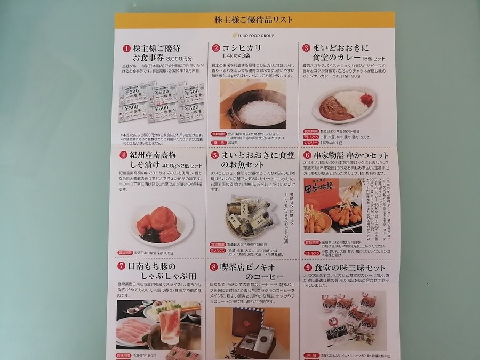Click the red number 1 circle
tap(126, 48)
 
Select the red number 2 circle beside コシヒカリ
tap(216, 48)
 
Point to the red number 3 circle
tap(306, 48)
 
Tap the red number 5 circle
tap(215, 156)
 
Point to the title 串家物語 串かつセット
tap(354, 156)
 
